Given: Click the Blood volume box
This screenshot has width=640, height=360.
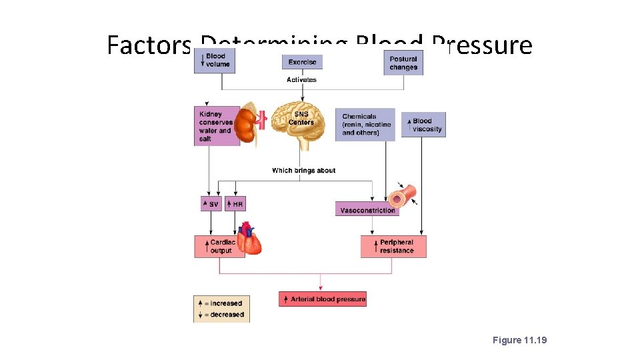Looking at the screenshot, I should [x=213, y=61].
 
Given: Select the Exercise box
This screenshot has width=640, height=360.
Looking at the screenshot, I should [x=302, y=62].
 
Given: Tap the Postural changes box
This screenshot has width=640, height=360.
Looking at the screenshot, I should [x=403, y=63].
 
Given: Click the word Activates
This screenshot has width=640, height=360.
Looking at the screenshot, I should [x=301, y=80].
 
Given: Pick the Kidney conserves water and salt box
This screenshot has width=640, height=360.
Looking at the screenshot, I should [x=217, y=126].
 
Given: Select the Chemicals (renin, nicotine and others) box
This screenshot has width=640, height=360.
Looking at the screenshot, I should [x=365, y=125].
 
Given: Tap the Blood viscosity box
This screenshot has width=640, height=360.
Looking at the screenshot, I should [x=423, y=125].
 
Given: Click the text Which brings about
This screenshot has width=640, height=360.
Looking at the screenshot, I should [x=303, y=171].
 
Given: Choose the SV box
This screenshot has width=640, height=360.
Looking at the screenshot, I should [x=211, y=204].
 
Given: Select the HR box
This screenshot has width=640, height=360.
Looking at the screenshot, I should [x=235, y=204].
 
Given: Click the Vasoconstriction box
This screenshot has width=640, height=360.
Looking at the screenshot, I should [x=367, y=210].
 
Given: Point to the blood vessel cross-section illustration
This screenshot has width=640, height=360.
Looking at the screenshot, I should [x=404, y=196].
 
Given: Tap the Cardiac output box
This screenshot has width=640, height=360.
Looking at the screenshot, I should [x=217, y=246].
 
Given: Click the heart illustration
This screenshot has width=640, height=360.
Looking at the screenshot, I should [x=250, y=239].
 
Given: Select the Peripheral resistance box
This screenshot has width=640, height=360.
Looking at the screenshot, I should [x=393, y=246].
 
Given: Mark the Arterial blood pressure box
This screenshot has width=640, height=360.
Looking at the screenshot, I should [x=323, y=299].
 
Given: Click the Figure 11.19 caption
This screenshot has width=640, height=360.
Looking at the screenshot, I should [x=519, y=340].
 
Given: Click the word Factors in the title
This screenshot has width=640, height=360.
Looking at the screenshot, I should [x=148, y=45].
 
